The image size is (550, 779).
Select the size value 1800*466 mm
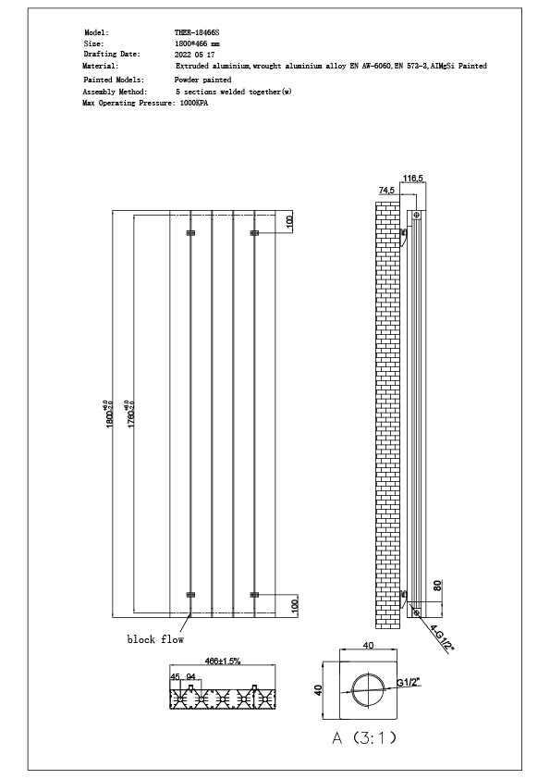[196, 43]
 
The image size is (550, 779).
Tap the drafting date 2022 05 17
[194, 55]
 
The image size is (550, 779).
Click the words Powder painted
[202, 80]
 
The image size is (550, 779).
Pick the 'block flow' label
[155, 639]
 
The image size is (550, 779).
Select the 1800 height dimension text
[109, 413]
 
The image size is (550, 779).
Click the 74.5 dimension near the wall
[386, 190]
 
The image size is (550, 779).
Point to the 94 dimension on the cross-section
[191, 676]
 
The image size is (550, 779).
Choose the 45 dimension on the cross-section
[176, 676]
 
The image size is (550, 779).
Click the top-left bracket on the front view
[191, 233]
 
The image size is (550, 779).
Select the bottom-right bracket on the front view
[254, 594]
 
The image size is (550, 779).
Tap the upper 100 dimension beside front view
[289, 222]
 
